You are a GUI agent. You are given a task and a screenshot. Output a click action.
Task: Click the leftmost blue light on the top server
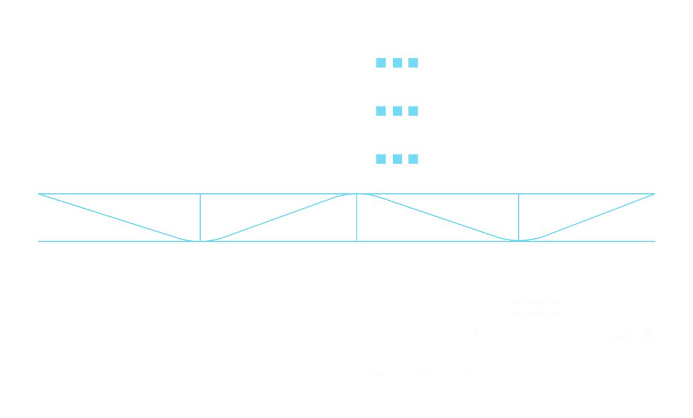(381, 63)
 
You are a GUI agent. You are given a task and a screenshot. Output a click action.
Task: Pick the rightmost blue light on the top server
(413, 63)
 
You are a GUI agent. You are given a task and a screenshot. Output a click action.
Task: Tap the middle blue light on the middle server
(397, 111)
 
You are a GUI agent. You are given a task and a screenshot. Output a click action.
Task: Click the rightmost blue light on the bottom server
(413, 159)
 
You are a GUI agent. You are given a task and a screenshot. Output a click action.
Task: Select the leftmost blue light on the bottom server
(381, 159)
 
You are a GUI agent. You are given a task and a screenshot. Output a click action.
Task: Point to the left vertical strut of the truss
(200, 217)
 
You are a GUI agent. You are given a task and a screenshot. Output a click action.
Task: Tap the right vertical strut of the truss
(519, 217)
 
